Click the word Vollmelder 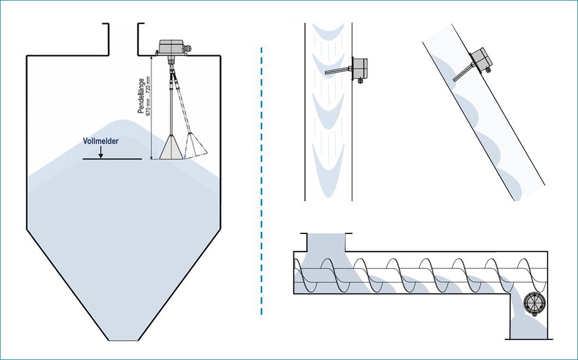click(x=100, y=141)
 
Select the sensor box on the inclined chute click(x=482, y=59)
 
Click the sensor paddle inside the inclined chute click(x=462, y=73)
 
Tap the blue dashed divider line click(x=262, y=180)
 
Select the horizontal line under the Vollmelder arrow click(x=112, y=159)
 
